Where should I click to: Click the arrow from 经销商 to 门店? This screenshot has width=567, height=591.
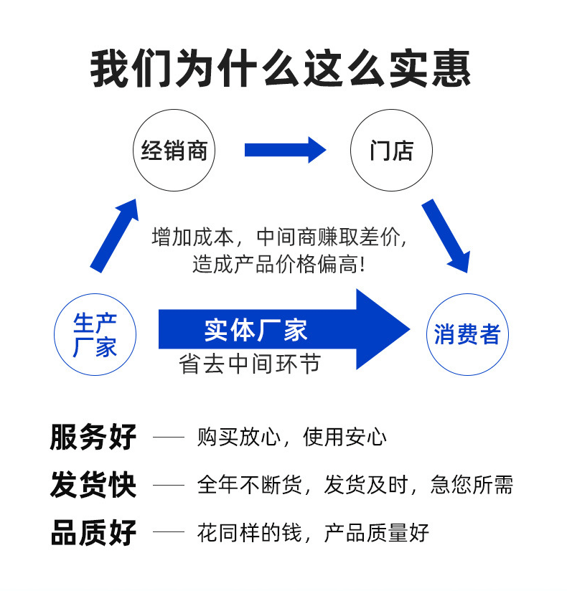(x=285, y=150)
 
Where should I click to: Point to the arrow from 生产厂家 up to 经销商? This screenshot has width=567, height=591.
(x=114, y=235)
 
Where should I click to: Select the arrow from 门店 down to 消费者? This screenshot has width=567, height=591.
(x=446, y=235)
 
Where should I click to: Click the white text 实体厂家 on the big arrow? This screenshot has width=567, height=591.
(x=256, y=330)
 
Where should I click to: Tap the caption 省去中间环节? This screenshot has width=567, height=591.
(x=249, y=364)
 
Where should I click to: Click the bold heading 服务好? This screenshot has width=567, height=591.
(x=93, y=437)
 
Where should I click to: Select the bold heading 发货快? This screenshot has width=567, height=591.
(x=93, y=485)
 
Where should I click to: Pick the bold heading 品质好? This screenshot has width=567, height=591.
(x=93, y=533)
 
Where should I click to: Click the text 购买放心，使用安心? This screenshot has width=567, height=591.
(x=291, y=438)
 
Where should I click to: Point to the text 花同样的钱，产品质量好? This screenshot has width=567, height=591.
(x=313, y=533)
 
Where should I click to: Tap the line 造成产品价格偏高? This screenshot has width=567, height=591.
(x=278, y=264)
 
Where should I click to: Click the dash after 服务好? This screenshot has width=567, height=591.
(x=169, y=438)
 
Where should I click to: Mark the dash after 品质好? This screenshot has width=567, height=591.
(x=169, y=533)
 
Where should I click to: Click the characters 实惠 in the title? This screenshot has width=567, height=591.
(x=430, y=69)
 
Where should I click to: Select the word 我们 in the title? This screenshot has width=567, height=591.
(x=131, y=69)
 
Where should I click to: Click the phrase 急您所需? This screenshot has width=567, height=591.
(x=472, y=485)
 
